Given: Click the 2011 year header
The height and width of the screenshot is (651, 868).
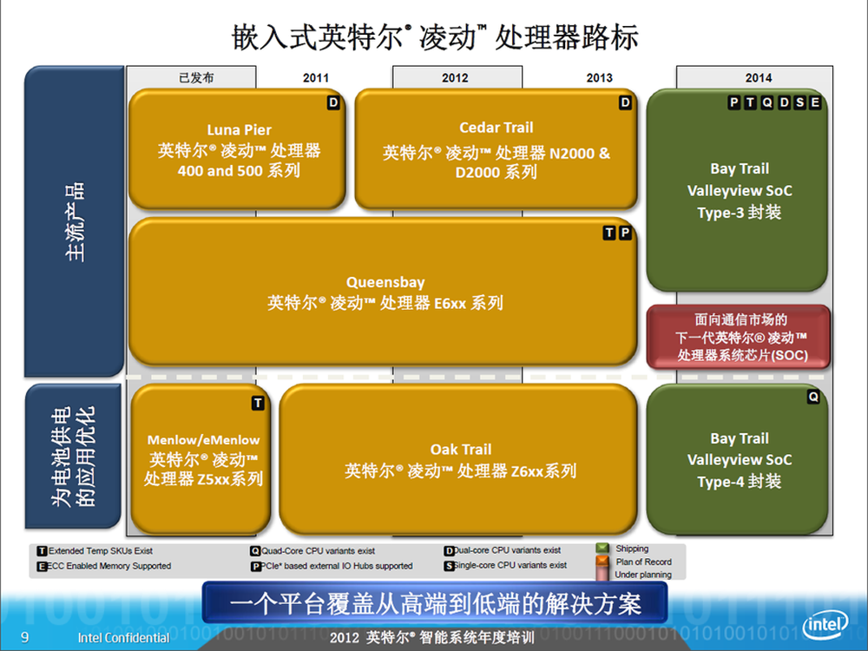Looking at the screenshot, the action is [x=316, y=78].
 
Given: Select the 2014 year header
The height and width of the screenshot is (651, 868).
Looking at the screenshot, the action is [x=758, y=78].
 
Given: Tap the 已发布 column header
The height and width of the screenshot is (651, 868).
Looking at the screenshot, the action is [x=196, y=78].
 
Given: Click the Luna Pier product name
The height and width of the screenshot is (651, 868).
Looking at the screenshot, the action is [x=240, y=130].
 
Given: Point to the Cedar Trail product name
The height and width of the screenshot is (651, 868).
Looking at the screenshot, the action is [x=496, y=128].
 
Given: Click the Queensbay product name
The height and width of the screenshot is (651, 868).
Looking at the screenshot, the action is [x=385, y=282].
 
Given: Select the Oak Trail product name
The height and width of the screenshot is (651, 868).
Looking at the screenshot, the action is [x=461, y=450].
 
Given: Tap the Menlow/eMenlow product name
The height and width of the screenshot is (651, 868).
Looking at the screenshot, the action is [x=203, y=440].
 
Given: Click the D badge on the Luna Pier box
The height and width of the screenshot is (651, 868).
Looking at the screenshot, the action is [x=333, y=102].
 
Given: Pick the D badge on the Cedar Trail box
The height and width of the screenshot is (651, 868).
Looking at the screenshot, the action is [x=625, y=102].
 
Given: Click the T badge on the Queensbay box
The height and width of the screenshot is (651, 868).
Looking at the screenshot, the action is [x=609, y=233].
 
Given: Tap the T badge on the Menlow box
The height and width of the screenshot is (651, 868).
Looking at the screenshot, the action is [x=258, y=404].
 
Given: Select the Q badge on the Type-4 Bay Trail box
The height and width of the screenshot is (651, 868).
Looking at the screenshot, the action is [x=812, y=397].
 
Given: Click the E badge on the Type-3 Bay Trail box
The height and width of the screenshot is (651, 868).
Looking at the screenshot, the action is [x=815, y=102].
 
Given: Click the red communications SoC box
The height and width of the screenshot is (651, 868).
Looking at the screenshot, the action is [x=739, y=337].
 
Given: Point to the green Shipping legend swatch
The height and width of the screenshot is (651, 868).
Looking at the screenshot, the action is [x=602, y=549].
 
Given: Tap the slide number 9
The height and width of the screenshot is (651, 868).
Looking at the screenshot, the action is [x=25, y=637].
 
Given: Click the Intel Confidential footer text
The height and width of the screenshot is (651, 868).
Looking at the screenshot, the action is [x=123, y=638].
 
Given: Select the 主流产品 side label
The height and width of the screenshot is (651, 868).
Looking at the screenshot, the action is [x=74, y=221].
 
